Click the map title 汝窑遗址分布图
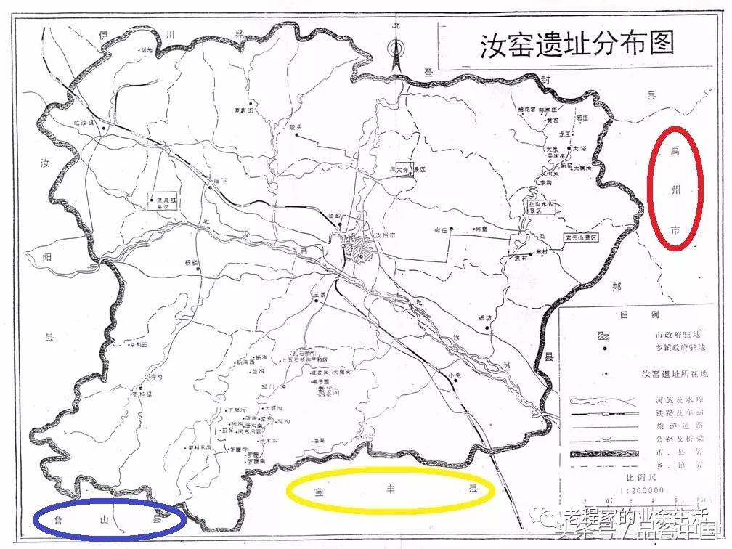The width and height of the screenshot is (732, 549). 577,44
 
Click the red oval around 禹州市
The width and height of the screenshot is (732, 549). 675,189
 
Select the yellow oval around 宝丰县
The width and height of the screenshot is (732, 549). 390,492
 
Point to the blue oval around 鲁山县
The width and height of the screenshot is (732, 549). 109,518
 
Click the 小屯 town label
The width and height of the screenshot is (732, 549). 455,375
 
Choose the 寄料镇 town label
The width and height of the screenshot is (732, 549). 142,394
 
